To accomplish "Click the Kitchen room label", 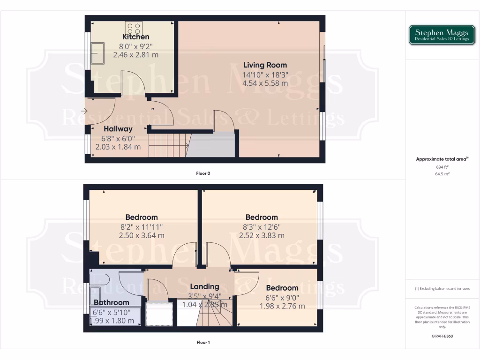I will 136,37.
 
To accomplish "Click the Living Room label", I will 265,65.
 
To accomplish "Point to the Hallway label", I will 118,128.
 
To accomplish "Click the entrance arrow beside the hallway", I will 83,111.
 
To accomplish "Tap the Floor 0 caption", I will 203,173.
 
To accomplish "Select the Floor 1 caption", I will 203,342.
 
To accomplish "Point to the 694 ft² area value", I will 442,167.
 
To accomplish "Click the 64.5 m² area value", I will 442,173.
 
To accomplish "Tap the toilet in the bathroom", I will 100,279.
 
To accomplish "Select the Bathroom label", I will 111,302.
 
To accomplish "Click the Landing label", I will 204,286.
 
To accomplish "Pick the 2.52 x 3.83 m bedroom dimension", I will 262,235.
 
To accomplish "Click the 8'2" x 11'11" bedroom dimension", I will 141,226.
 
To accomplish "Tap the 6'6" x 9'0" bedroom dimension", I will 282,297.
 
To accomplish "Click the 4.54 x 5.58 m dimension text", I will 265,83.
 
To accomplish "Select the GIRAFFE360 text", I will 442,336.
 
